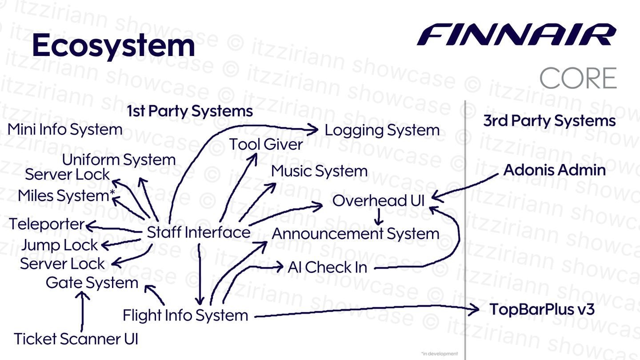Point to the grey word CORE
point(578,78)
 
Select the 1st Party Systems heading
point(190,111)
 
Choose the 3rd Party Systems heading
point(549,121)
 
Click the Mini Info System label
point(65,130)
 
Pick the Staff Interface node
point(199,232)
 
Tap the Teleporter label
point(47,224)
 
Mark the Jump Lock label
point(60,245)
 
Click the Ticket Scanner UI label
point(76,339)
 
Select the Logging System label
point(382,130)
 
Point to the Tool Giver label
point(266,144)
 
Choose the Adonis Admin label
point(554,170)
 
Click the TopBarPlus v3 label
point(542,309)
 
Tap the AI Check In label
point(328,267)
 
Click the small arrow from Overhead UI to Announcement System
point(379,217)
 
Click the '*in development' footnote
point(439,354)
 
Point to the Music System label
point(319,171)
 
